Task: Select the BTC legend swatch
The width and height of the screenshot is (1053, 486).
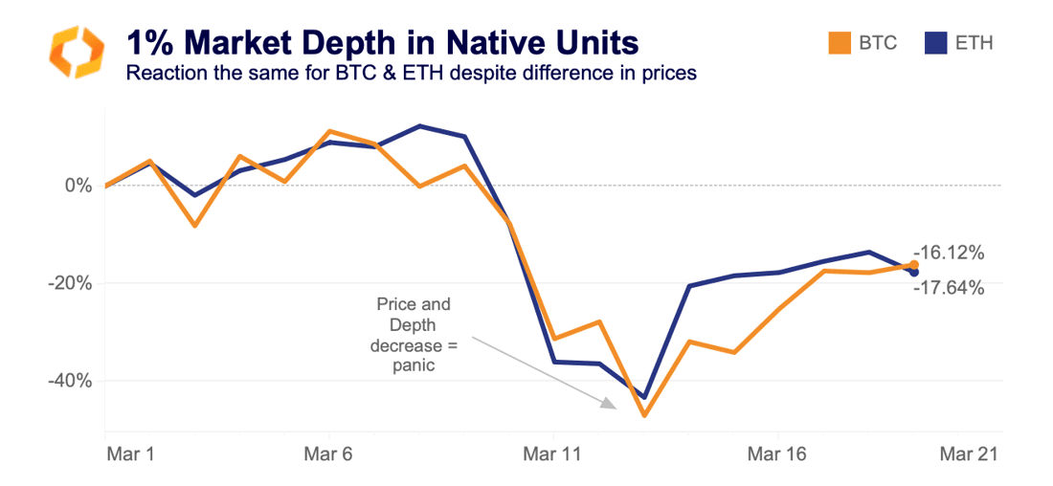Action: click(x=839, y=43)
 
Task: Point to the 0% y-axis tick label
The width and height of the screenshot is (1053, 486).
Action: click(x=78, y=185)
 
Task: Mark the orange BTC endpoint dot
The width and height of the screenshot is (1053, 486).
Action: click(x=913, y=265)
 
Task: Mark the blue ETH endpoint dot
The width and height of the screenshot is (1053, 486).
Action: click(x=913, y=273)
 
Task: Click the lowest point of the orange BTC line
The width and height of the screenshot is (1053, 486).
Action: click(x=644, y=415)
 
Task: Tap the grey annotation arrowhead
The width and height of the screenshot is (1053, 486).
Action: click(x=608, y=405)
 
